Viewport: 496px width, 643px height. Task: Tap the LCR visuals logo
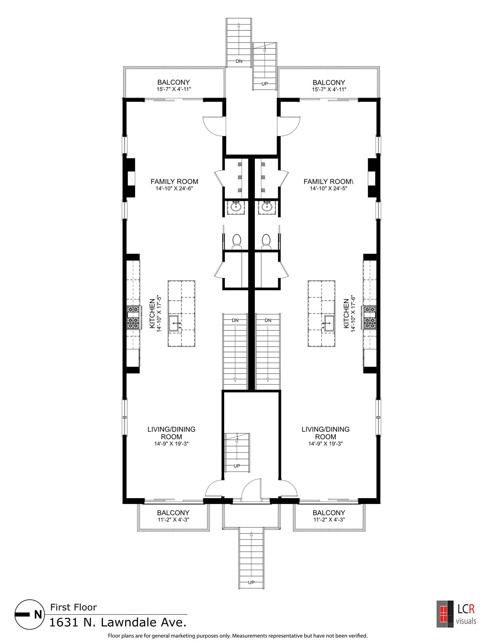[x=456, y=614]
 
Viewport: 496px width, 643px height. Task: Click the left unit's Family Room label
[x=174, y=181]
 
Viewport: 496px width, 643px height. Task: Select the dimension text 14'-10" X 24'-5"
[x=328, y=189]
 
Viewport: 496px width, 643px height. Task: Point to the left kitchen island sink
[x=175, y=324]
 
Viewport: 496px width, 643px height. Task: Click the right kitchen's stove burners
[x=370, y=317]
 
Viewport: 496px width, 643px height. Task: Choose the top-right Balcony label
[x=329, y=83]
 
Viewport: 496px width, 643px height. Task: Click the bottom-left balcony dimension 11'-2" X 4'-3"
[x=173, y=520]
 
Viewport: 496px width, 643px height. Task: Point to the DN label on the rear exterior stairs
[x=239, y=61]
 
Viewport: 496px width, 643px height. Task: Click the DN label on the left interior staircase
[x=235, y=321]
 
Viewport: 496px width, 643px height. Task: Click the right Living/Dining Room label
[x=325, y=433]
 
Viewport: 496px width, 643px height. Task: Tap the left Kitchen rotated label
[x=152, y=314]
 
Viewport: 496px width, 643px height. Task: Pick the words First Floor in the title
[x=73, y=607]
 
